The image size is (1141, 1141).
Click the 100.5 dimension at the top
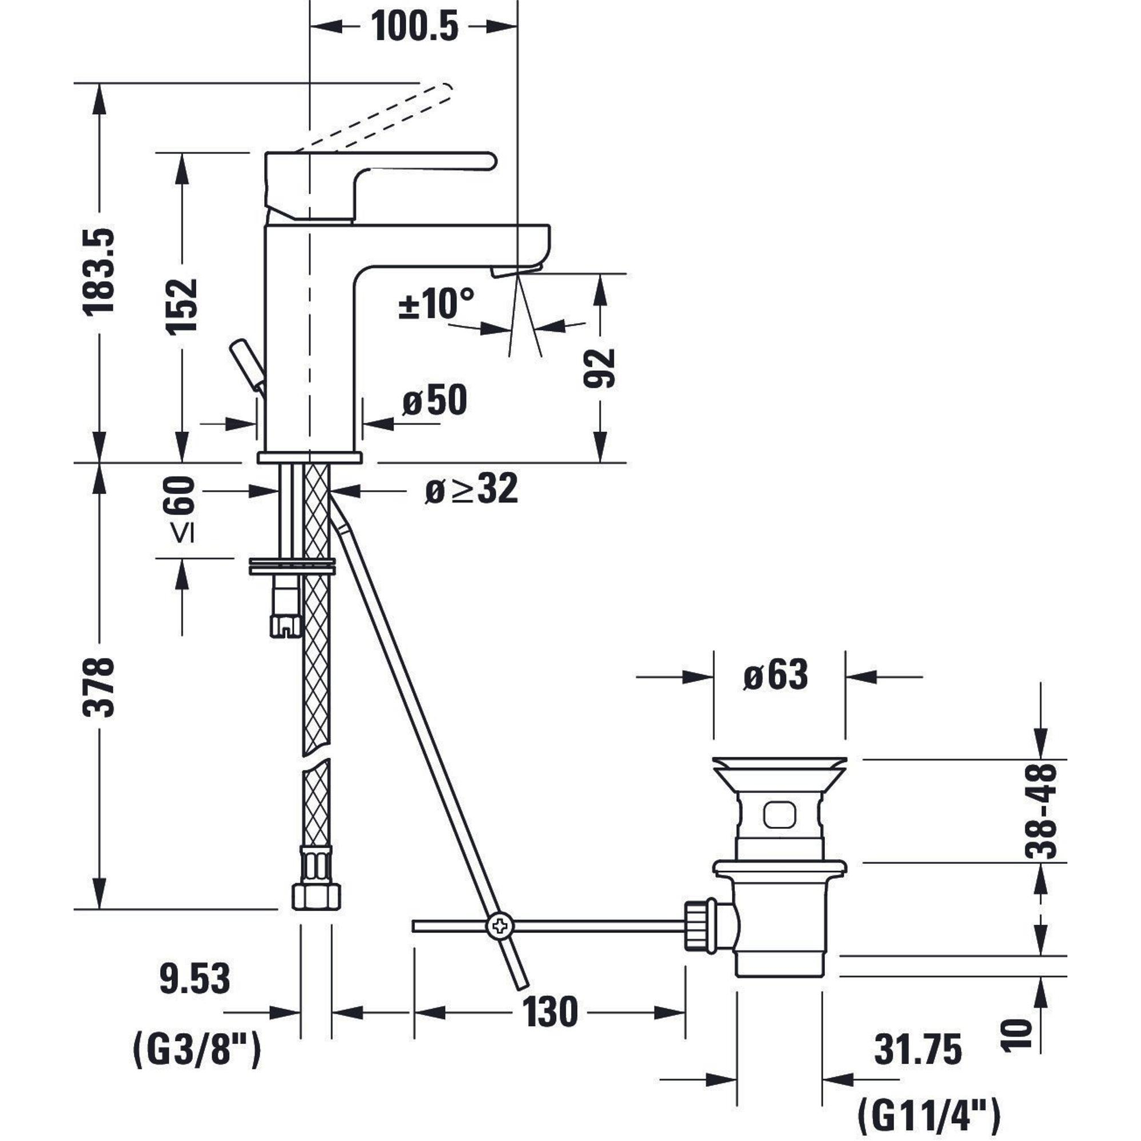(414, 27)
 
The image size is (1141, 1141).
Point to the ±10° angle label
(436, 304)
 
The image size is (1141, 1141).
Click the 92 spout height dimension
(599, 368)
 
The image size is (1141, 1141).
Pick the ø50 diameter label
(435, 400)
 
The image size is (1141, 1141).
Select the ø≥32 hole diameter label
(471, 489)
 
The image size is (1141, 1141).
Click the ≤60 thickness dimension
(181, 509)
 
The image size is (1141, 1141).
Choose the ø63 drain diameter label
(775, 675)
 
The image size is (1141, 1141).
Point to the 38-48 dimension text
(1041, 811)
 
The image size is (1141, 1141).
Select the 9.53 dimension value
(195, 978)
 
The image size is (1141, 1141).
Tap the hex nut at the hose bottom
(316, 896)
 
